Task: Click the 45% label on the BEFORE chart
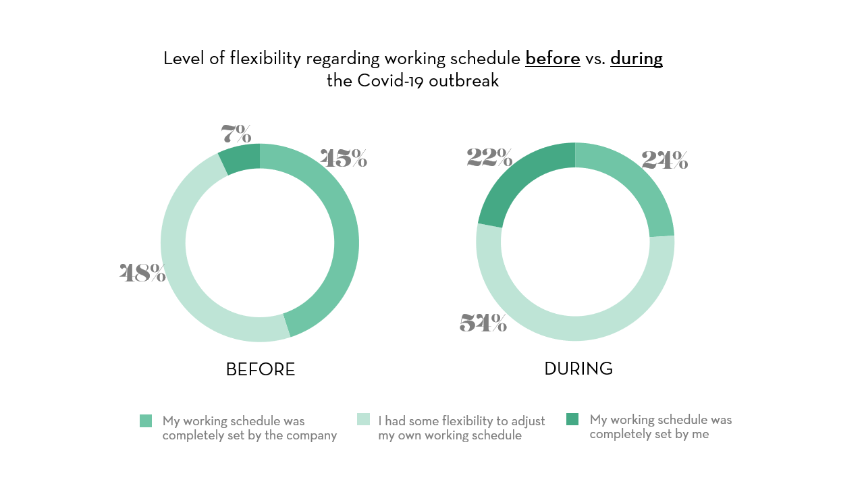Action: click(344, 159)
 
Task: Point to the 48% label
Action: click(142, 273)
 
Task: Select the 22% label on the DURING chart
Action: click(489, 158)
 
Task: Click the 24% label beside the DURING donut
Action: click(665, 160)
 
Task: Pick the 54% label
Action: click(483, 323)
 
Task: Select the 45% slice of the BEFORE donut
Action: click(341, 230)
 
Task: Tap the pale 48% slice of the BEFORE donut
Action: click(182, 283)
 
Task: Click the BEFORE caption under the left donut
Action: click(261, 370)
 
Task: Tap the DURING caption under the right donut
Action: click(578, 369)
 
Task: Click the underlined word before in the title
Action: click(553, 59)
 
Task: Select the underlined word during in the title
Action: click(637, 59)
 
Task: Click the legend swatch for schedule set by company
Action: click(146, 421)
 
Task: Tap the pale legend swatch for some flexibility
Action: click(363, 420)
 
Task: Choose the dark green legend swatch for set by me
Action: click(572, 419)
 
